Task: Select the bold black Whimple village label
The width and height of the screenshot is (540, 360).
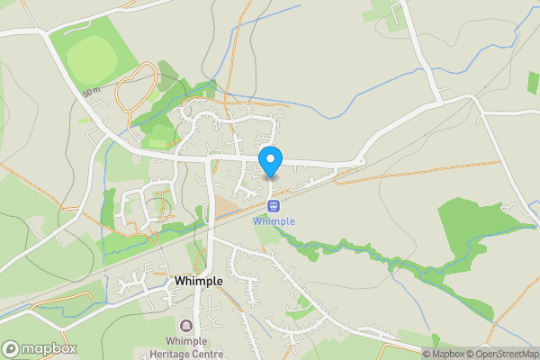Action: click(199, 281)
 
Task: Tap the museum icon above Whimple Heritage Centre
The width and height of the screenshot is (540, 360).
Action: click(186, 326)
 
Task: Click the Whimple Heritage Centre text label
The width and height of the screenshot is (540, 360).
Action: click(186, 346)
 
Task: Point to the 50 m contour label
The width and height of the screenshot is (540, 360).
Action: click(90, 92)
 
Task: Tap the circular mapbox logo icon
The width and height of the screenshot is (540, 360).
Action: click(11, 348)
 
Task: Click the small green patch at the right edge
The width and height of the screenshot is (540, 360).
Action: click(534, 83)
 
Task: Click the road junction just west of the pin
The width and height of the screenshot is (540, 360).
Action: click(211, 160)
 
